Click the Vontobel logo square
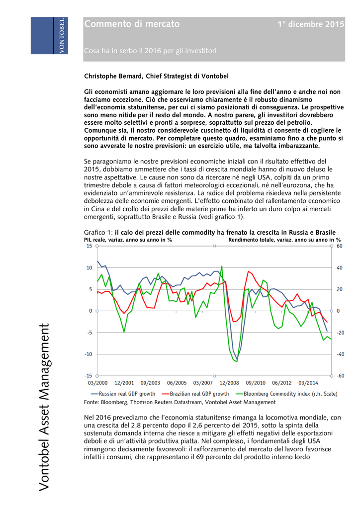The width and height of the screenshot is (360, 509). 50,36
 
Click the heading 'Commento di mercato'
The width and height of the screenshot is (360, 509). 132,24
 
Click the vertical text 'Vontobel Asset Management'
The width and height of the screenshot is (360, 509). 44,407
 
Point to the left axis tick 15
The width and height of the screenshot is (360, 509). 89,246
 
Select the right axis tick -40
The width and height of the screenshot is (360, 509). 340,354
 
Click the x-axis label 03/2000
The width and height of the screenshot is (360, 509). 97,383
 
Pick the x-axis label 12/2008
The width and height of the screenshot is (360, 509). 229,383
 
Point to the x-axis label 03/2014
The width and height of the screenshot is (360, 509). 308,383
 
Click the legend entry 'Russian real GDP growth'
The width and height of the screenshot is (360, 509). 124,393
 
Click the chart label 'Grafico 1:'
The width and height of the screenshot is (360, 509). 98,232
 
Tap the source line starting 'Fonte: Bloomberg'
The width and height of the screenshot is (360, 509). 180,402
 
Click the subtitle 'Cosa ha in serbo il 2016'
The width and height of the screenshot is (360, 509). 150,51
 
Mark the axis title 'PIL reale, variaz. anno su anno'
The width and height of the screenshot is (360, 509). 128,240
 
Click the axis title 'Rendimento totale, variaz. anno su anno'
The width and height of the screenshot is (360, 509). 281,240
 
